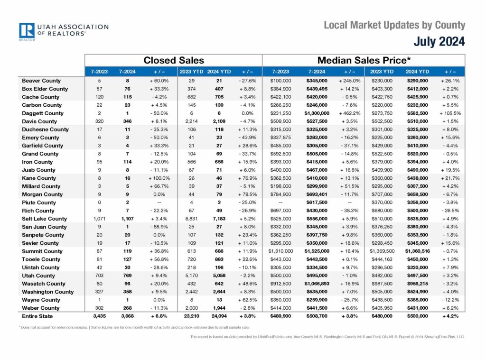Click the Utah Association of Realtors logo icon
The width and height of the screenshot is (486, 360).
tap(27, 31)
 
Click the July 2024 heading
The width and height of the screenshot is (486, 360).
tap(439, 41)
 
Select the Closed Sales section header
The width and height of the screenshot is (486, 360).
tap(174, 60)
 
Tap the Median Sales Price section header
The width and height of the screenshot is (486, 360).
tap(364, 60)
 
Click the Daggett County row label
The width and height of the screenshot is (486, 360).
tap(42, 113)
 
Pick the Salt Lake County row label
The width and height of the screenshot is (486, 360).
tap(44, 218)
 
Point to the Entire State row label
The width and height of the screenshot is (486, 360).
tap(37, 316)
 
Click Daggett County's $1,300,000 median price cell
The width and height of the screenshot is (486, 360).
tap(317, 113)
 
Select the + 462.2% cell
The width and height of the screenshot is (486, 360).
tap(350, 113)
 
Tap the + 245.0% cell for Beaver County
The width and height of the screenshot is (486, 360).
tap(350, 81)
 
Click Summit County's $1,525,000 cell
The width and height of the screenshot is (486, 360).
tap(317, 251)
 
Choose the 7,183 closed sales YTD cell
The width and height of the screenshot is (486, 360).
tap(219, 218)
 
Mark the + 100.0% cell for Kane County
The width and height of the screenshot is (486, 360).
tap(159, 178)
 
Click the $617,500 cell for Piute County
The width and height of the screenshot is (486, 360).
tap(317, 203)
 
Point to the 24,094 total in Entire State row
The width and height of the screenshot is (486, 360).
tap(219, 316)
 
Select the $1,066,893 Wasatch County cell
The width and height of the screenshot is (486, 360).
tap(317, 284)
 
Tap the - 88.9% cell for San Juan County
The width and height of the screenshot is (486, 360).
tap(159, 227)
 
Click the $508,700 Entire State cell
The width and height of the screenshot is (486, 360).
tap(317, 316)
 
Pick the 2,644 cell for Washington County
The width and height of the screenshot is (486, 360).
tap(219, 292)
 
